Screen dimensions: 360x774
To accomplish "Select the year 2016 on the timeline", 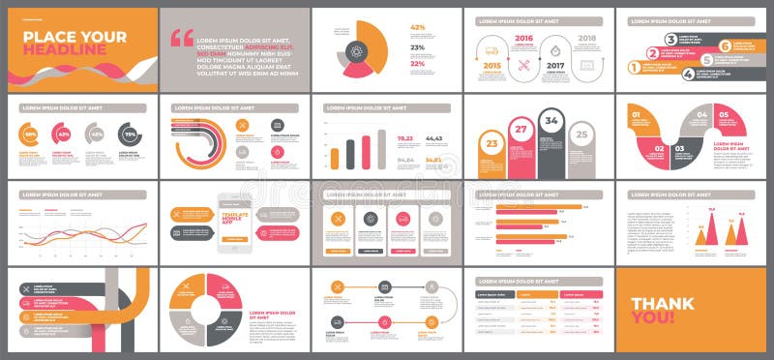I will tap(524, 39).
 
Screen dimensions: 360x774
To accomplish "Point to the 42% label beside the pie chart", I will tap(418, 27).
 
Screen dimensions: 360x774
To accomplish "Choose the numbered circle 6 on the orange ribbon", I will tap(725, 45).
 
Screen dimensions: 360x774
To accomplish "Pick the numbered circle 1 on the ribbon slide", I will tap(635, 67).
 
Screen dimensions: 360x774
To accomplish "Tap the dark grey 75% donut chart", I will tap(128, 134).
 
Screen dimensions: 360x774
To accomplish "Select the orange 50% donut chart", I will tap(31, 134).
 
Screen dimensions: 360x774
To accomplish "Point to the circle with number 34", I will tap(551, 121).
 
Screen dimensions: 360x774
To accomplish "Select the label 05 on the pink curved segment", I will tap(723, 115).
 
